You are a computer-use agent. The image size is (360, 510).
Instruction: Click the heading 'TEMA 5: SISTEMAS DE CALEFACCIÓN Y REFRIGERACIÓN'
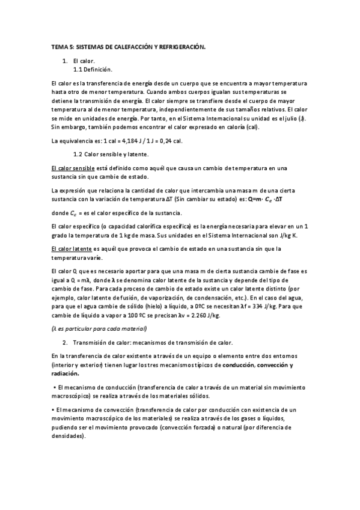tap(129, 46)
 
